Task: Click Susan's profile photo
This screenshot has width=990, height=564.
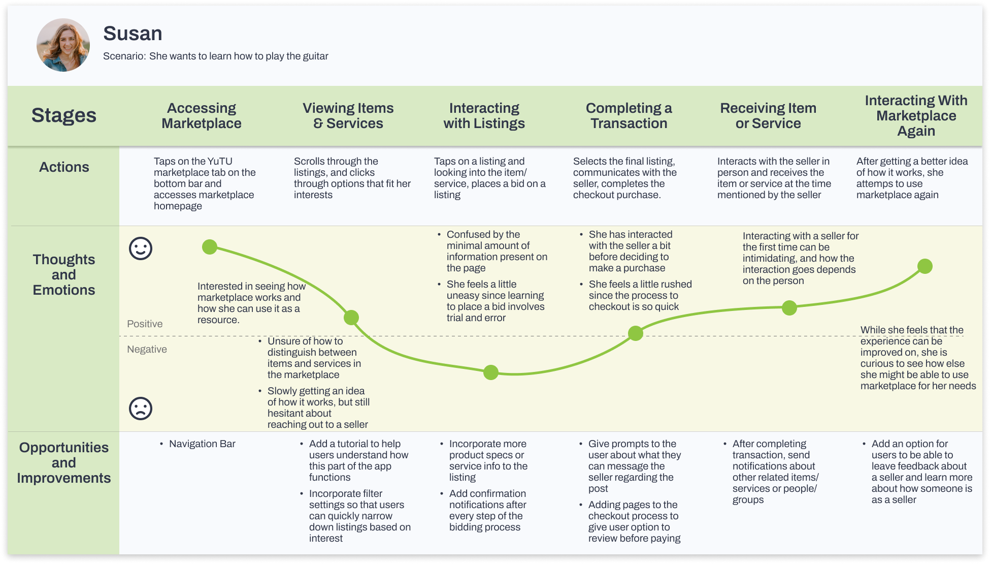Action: coord(63,45)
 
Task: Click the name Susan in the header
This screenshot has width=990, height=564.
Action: coord(133,34)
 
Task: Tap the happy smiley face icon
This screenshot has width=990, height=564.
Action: coord(141,248)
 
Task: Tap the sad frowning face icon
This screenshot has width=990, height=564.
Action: coord(141,408)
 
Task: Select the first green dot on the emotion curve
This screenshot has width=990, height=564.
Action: coord(210,247)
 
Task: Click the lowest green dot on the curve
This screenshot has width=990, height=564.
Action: coord(491,372)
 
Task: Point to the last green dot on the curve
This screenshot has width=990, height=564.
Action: coord(925,266)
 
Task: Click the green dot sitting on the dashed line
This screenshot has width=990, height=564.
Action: coord(636,333)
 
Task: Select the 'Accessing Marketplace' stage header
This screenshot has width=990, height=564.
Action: coord(202,116)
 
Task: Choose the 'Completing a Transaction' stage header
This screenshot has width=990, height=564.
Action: coord(629,116)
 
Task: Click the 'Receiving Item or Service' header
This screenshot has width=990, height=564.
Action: coord(768,116)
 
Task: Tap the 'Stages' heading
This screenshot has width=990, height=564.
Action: coord(64,115)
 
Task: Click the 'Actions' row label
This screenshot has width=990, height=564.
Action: coord(64,167)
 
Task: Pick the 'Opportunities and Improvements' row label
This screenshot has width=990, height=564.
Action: coord(64,463)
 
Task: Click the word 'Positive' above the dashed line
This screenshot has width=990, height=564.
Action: coord(145,324)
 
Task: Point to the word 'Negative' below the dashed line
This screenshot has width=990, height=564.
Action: coord(147,349)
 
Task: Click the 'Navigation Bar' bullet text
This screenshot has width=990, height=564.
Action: coord(202,444)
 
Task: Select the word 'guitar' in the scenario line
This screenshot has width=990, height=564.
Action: coord(315,56)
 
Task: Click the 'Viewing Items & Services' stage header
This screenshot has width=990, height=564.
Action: coord(348,116)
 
